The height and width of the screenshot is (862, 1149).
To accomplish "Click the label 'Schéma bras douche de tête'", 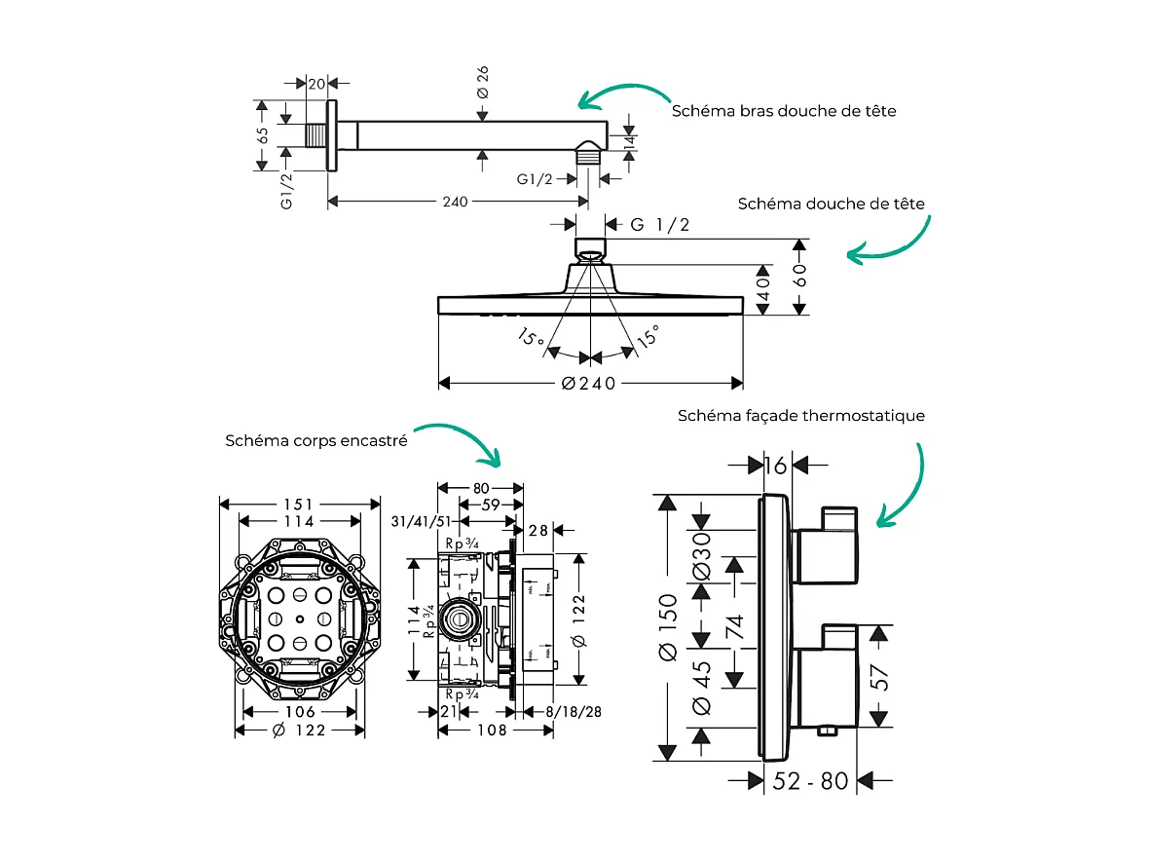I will point(784,111).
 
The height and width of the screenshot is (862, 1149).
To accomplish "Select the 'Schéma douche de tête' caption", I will point(831,204).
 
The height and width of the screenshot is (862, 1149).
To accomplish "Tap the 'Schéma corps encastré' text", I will point(315,440).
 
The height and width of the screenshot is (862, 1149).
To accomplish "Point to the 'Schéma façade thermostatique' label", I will point(801,416).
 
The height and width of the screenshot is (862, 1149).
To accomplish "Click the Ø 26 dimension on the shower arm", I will point(482,82).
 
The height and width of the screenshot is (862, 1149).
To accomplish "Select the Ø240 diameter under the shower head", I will point(590,383).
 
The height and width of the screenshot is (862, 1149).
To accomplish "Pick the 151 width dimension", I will point(299,504).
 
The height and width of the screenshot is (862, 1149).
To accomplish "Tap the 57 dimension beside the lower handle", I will point(879,676).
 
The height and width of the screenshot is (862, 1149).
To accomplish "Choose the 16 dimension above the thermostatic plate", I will point(776,466).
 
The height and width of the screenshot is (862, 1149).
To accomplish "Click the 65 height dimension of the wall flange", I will point(262,135).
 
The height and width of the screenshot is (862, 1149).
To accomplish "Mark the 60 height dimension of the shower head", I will point(799,276).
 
